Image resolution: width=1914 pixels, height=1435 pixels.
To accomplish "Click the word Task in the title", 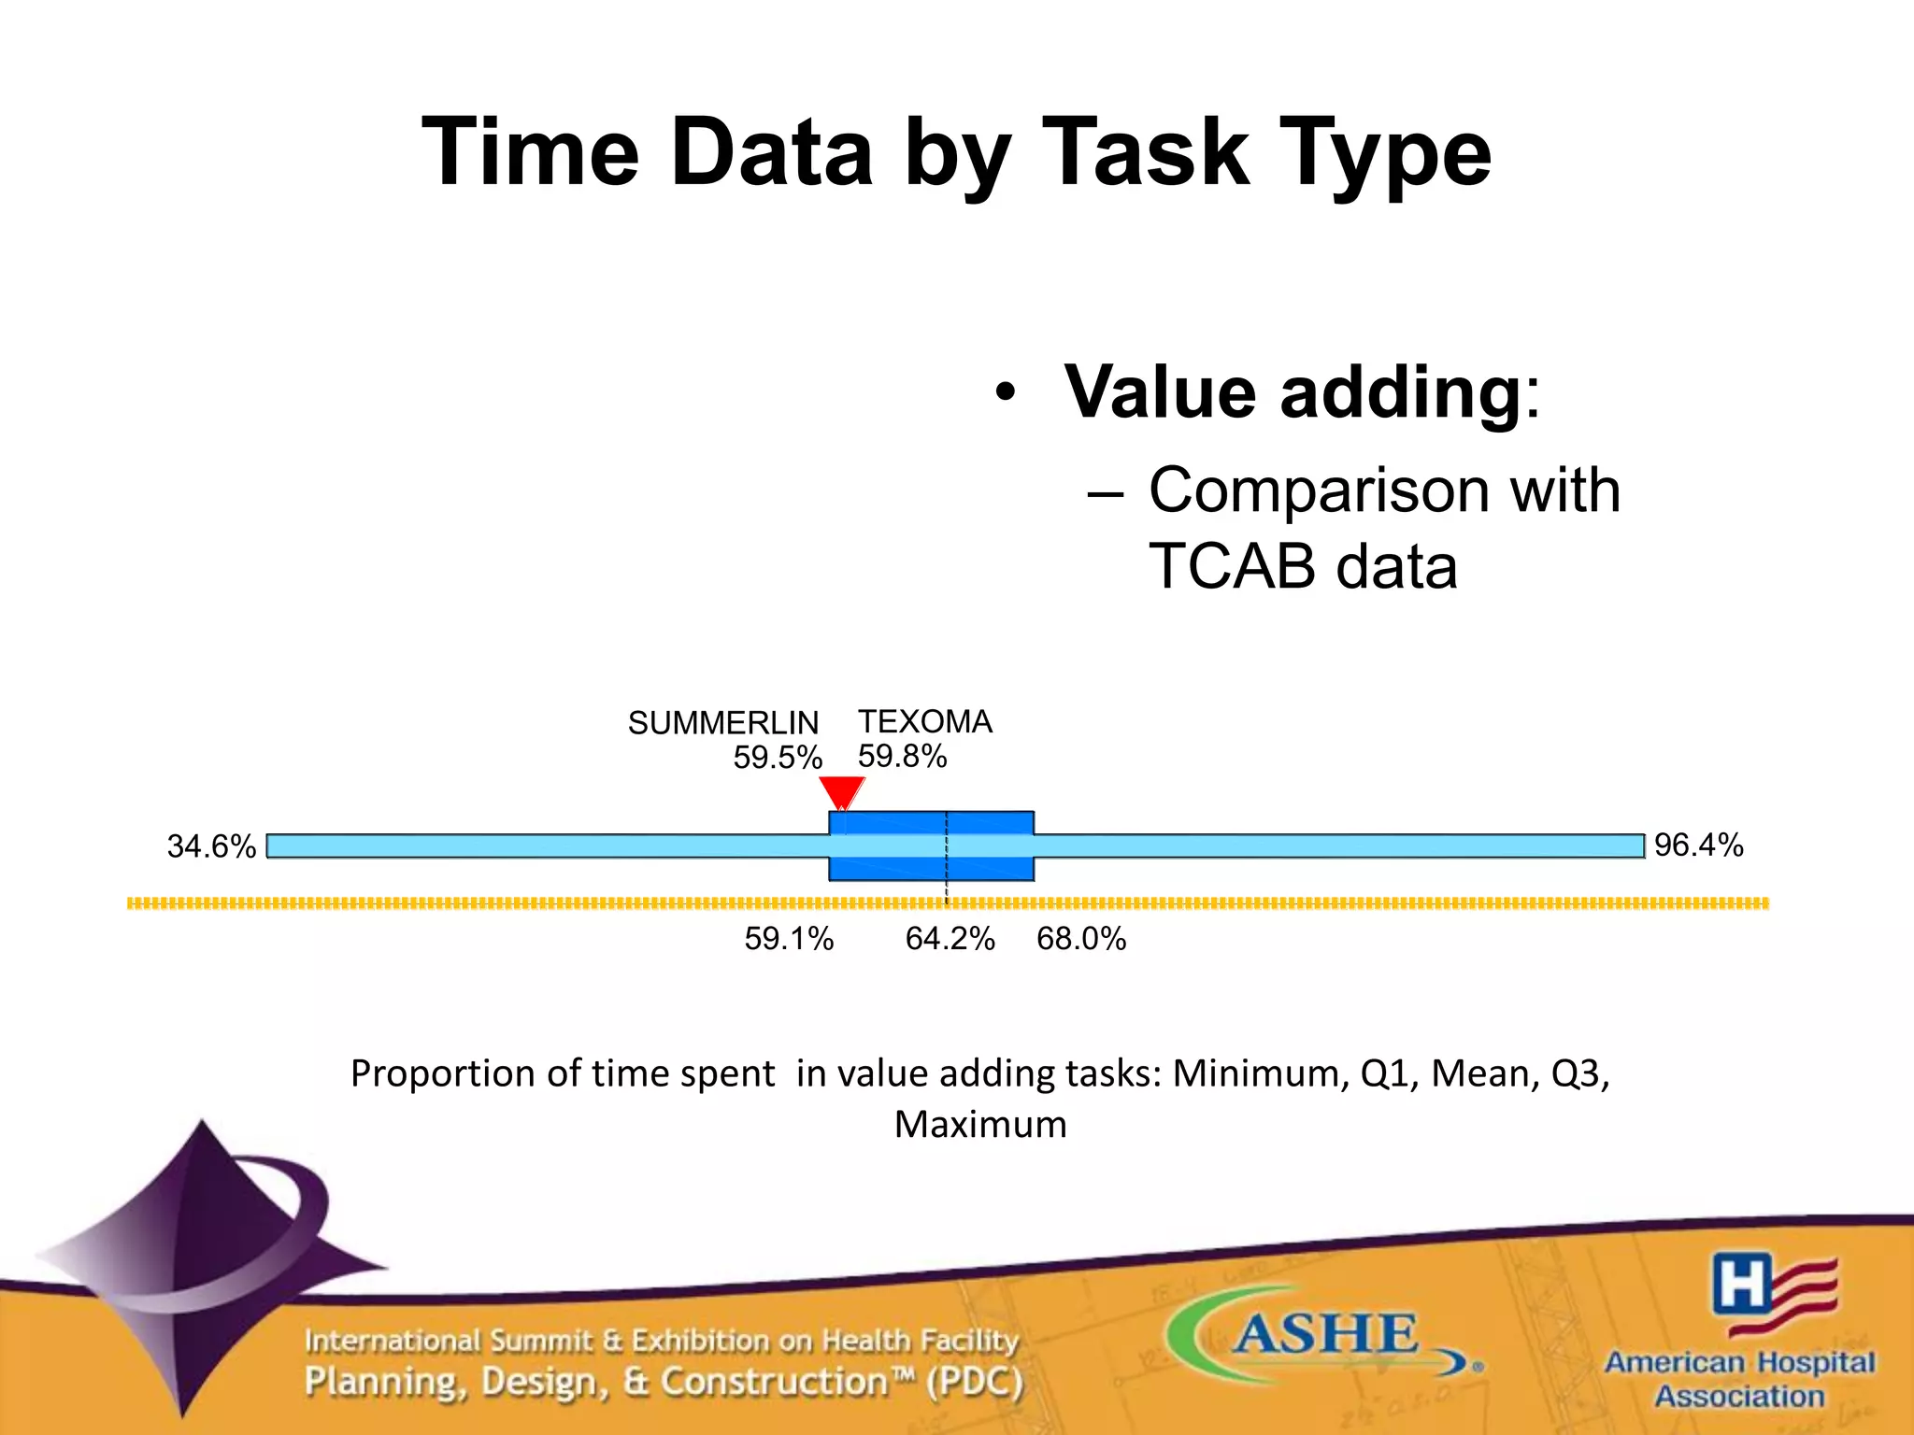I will click(1144, 153).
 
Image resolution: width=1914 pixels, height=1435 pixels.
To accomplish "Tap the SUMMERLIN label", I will click(722, 723).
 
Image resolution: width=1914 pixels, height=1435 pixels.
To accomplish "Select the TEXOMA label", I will click(924, 721).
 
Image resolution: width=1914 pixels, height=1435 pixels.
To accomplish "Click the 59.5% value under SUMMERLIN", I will click(777, 758).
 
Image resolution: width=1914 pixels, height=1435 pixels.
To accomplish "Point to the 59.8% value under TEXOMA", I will click(902, 756).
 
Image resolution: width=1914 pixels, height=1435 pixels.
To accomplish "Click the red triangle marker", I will click(841, 792).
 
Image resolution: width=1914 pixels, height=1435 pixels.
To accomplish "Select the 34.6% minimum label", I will click(211, 846).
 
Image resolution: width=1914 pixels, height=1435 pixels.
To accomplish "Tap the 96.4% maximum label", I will click(1698, 845).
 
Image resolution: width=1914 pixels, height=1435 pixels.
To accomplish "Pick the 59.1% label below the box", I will click(789, 939).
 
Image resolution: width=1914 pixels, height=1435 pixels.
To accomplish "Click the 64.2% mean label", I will click(950, 939).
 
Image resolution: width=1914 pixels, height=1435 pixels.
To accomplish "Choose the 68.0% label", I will click(1081, 939).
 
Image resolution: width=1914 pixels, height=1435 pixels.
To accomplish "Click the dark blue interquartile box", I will click(888, 869).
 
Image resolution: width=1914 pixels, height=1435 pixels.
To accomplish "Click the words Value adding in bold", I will click(1293, 392).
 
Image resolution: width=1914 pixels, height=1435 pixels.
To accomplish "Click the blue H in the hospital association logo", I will click(1741, 1284).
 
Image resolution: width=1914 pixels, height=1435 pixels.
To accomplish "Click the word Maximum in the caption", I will click(979, 1125).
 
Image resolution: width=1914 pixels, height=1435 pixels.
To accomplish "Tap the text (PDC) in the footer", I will click(975, 1382).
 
